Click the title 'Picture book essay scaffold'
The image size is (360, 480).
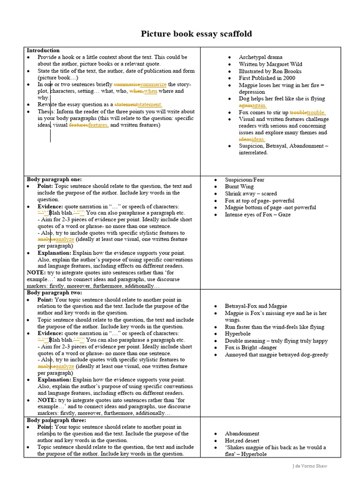click(x=196, y=34)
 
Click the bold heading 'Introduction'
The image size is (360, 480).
click(x=43, y=51)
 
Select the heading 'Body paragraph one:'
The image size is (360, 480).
click(x=54, y=180)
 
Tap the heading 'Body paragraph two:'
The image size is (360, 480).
click(x=54, y=293)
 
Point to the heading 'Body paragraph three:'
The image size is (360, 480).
click(x=55, y=420)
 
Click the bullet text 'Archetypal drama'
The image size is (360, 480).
click(x=261, y=57)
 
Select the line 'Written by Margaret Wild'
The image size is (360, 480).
click(x=270, y=64)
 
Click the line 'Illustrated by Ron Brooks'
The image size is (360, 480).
click(x=270, y=71)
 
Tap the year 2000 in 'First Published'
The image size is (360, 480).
click(x=289, y=78)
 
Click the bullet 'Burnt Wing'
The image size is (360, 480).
click(x=240, y=187)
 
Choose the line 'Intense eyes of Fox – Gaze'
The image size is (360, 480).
click(x=257, y=215)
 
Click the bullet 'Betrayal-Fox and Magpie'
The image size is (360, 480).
click(x=256, y=306)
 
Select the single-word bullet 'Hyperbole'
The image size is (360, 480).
click(x=238, y=334)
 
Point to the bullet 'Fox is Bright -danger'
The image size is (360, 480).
click(x=251, y=348)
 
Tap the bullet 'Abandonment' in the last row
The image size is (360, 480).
click(x=242, y=434)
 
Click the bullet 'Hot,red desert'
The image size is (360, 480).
click(x=242, y=441)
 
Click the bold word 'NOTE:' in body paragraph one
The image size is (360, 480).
click(x=36, y=273)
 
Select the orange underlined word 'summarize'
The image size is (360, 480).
click(x=153, y=84)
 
